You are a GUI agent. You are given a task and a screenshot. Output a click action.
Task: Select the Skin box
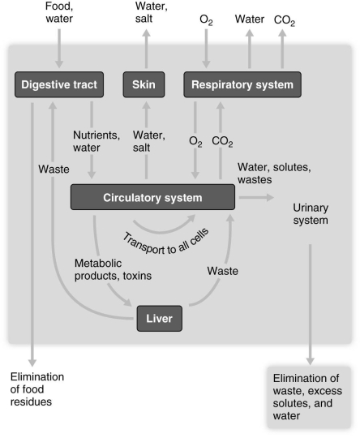tap(147, 84)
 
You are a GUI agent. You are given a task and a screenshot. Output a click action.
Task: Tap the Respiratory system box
tap(242, 84)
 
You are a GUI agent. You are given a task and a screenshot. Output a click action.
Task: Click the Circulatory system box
tap(152, 198)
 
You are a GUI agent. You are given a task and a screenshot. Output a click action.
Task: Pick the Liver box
tap(160, 318)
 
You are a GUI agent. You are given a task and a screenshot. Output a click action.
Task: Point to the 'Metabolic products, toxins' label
tap(112, 269)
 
